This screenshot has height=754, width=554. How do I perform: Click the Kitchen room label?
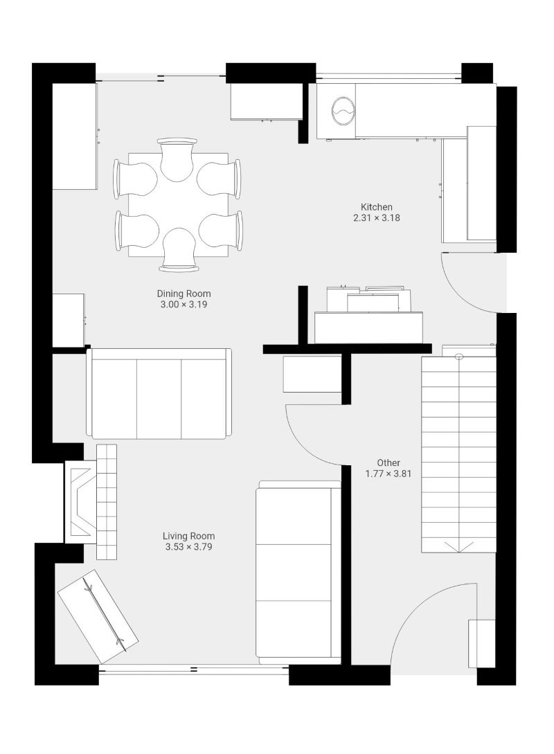click(377, 207)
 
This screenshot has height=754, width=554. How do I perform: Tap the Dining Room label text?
click(184, 294)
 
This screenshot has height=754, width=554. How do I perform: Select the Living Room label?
click(188, 536)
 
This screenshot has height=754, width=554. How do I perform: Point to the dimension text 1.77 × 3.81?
click(388, 474)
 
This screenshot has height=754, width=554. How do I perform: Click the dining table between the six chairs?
click(178, 205)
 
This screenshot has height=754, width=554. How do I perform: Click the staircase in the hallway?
click(458, 454)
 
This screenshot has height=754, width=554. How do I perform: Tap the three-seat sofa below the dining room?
click(159, 394)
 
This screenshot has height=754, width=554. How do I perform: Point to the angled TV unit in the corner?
click(98, 617)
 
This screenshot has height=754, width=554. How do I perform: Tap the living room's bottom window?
click(193, 669)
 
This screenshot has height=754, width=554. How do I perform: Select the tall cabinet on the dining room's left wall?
click(74, 136)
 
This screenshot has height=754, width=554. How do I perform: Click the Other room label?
click(388, 463)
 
